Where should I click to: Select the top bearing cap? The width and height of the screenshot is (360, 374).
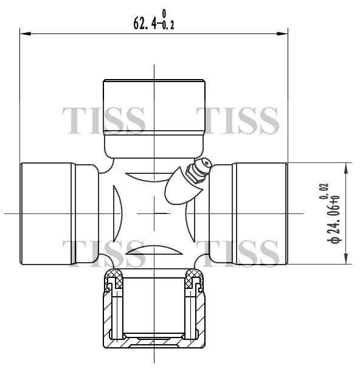tap(154, 119)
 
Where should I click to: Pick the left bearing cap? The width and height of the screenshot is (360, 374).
tap(60, 213)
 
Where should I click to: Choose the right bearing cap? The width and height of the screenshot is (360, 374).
tap(248, 213)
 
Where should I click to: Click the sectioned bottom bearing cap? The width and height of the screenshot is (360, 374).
tap(154, 308)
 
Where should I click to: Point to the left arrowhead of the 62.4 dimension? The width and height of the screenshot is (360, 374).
tap(26, 33)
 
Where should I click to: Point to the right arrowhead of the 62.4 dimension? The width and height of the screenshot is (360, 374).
tap(282, 33)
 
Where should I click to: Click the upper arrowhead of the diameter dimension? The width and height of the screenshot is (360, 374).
tap(346, 168)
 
